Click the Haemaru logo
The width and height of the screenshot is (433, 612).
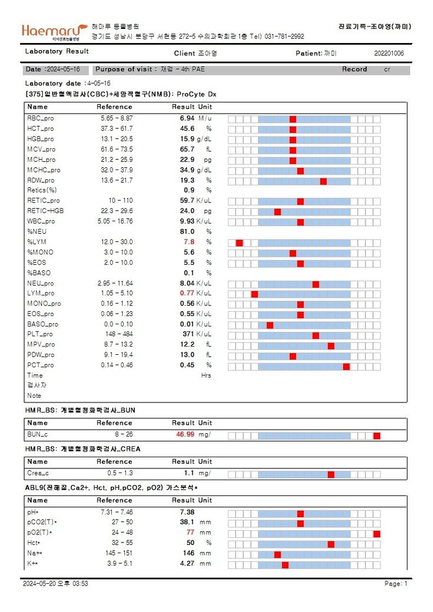(53, 31)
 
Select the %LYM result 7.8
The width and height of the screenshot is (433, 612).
(189, 242)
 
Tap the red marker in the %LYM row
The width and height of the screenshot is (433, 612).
(239, 243)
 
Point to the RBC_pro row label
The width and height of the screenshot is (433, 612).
(41, 118)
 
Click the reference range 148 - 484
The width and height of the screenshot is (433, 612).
(116, 334)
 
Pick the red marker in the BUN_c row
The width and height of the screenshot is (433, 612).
(376, 435)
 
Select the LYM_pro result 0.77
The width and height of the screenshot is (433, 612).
(187, 293)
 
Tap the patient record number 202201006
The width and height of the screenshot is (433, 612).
(389, 54)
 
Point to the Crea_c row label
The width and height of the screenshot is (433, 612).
(38, 473)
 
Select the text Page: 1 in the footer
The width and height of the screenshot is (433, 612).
(395, 584)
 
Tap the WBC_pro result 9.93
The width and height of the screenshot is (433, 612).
(187, 221)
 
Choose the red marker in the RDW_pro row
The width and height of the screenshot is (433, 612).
(323, 181)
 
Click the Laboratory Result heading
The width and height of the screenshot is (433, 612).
(57, 51)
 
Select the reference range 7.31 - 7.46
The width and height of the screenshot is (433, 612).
(116, 512)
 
